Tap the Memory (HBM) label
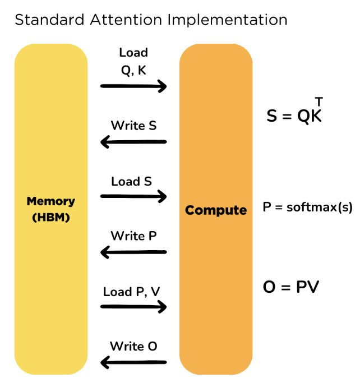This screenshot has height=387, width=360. click(x=50, y=209)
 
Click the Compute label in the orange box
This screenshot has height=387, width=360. click(x=216, y=210)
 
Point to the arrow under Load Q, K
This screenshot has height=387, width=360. click(x=133, y=86)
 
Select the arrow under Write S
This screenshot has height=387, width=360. click(x=133, y=142)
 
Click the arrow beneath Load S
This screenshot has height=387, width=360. click(x=133, y=196)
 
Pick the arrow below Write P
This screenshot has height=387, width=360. click(x=133, y=252)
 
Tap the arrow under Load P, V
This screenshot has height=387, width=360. click(x=133, y=307)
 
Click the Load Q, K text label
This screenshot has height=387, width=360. click(x=133, y=60)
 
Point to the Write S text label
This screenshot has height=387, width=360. click(x=133, y=125)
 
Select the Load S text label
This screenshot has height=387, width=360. click(x=132, y=181)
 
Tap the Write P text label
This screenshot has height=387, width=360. click(x=133, y=236)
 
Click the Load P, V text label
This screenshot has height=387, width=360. click(x=132, y=292)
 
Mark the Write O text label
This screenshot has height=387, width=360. click(x=133, y=346)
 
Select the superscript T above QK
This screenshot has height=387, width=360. click(x=319, y=102)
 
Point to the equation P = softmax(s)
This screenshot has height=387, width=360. click(x=308, y=207)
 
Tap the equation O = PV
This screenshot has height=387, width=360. click(x=291, y=287)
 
